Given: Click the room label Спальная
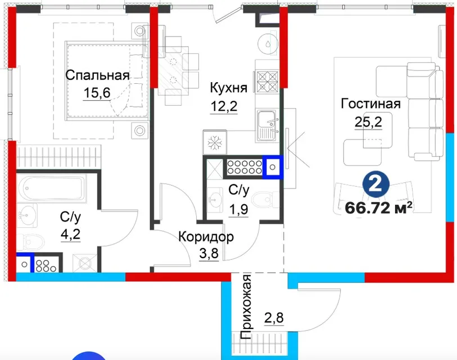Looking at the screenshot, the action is click(x=97, y=75).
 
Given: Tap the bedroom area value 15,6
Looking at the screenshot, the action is click(x=97, y=93).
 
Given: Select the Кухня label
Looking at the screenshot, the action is click(x=228, y=88).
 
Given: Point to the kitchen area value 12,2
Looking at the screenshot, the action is click(x=224, y=106).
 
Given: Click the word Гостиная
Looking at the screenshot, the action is click(x=371, y=103).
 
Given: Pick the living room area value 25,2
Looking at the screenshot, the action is click(x=368, y=121).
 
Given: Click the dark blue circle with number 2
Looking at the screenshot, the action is click(x=376, y=184).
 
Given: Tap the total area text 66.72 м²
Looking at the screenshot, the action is click(x=378, y=208).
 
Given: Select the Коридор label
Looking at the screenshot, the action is click(x=206, y=237).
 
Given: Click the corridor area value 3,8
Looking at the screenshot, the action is click(x=209, y=253).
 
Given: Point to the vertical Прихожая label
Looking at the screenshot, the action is click(x=246, y=307).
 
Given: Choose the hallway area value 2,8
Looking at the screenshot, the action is click(x=274, y=317).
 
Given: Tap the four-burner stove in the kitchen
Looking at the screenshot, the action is click(x=267, y=82).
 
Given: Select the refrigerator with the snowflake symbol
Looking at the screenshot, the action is click(x=215, y=143).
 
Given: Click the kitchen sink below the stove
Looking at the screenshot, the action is click(x=266, y=125).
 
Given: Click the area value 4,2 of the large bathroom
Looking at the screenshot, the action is click(x=70, y=234).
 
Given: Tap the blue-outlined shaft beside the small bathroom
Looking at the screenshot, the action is click(x=273, y=167).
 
